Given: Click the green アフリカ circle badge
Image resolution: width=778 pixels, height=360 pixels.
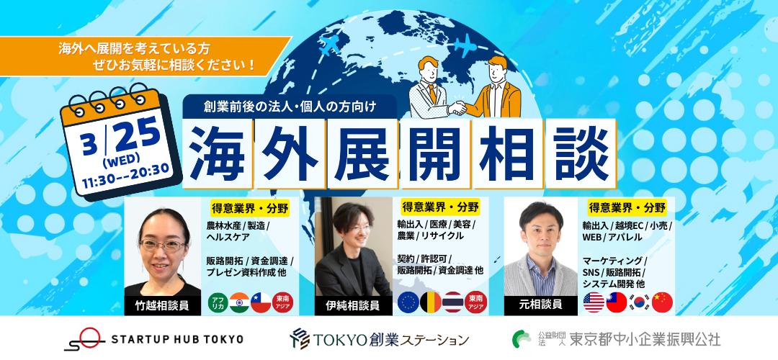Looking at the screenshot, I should point(217,302).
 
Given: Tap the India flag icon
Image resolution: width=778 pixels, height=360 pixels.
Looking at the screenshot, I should point(238,302).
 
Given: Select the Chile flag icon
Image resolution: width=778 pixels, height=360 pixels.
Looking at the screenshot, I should point(261,302).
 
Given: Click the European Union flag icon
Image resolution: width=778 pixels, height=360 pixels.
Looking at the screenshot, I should point(408,302).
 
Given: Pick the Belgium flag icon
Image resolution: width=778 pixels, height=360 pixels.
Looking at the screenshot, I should point(430,302).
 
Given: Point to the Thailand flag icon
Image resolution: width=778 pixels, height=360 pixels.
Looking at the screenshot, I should point(452,302).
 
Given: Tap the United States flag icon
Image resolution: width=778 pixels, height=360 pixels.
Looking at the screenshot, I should point(594,302).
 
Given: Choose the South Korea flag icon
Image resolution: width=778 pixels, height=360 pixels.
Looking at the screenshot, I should point(639,302).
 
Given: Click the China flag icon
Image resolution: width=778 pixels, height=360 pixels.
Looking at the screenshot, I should point(661,302).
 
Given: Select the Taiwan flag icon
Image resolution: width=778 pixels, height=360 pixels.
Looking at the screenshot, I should point(616,302).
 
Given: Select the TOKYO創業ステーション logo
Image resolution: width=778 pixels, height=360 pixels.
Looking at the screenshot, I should point(380,338).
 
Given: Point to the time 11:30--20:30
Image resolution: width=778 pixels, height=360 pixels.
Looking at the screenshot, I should point(125,169).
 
